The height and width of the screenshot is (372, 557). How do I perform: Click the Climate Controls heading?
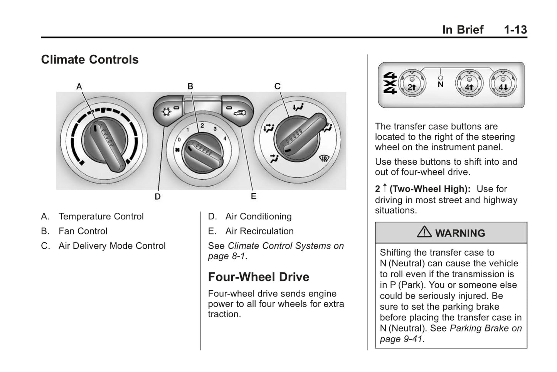tap(89, 60)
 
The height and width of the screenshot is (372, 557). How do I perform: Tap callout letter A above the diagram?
tap(79, 87)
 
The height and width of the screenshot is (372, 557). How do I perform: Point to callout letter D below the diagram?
tap(158, 197)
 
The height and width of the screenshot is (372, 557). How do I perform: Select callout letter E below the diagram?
tap(253, 196)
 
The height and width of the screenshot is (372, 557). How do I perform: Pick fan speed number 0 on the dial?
tap(179, 140)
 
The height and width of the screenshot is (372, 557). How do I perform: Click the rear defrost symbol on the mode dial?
tap(324, 158)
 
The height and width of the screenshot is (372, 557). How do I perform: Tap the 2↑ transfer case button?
tap(412, 84)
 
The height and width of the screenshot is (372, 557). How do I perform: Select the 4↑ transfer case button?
tap(469, 84)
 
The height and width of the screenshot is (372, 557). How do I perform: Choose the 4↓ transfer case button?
tap(503, 84)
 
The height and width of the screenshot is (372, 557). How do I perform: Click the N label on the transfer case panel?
tap(441, 84)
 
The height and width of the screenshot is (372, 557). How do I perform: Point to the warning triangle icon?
tap(424, 232)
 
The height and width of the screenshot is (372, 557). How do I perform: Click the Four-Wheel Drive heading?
tap(258, 277)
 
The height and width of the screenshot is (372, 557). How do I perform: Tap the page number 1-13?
tap(515, 30)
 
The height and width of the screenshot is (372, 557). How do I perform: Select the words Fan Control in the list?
tap(83, 231)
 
